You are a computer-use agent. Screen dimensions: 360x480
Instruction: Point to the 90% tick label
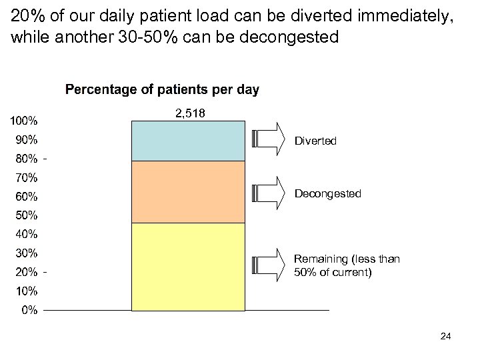point(26,140)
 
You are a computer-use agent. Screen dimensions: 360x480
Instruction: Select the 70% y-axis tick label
point(26,178)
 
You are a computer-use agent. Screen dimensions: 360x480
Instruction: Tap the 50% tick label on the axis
point(26,215)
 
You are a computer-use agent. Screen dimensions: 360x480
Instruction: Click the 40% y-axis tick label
point(26,234)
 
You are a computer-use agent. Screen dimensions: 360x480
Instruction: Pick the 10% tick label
point(26,291)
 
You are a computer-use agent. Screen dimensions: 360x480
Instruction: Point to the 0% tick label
point(29,310)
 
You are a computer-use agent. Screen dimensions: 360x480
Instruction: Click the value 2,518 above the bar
point(190,114)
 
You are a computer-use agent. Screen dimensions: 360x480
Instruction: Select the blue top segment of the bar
point(188,141)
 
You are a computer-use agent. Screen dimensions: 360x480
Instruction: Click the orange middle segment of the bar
point(188,192)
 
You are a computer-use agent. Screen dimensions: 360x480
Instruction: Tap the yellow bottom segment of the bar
point(188,267)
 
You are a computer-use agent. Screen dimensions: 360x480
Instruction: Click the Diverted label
point(315,141)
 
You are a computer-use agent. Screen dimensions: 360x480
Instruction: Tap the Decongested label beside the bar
point(327,194)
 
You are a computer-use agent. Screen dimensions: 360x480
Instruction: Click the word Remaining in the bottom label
point(321,259)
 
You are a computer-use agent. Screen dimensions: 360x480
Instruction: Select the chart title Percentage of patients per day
point(162,89)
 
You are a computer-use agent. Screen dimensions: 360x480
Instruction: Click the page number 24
point(446,336)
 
